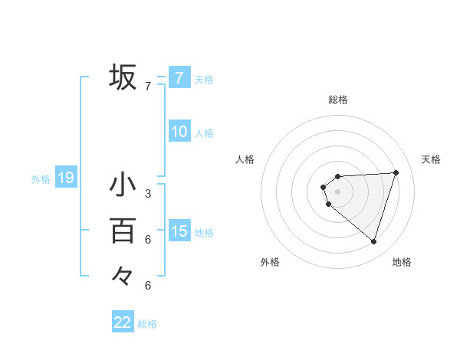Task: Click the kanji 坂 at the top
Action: (123, 77)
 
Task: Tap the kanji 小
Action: (123, 185)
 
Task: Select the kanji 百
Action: (123, 231)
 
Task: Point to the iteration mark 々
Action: (123, 275)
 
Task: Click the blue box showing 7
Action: (179, 77)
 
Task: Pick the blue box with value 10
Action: (179, 132)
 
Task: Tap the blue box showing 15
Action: (179, 231)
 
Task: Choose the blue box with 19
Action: (65, 178)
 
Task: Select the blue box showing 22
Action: (123, 322)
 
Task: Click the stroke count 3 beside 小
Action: (148, 194)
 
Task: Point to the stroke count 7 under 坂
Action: (148, 87)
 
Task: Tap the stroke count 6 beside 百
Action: (148, 240)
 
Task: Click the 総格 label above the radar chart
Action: (338, 100)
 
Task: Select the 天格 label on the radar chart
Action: (431, 159)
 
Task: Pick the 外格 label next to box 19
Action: (41, 179)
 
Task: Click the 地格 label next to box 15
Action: (205, 232)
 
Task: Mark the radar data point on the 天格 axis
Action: (396, 172)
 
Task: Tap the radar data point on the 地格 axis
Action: (374, 242)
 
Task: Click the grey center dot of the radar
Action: (338, 191)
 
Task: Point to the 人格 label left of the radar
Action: (245, 159)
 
